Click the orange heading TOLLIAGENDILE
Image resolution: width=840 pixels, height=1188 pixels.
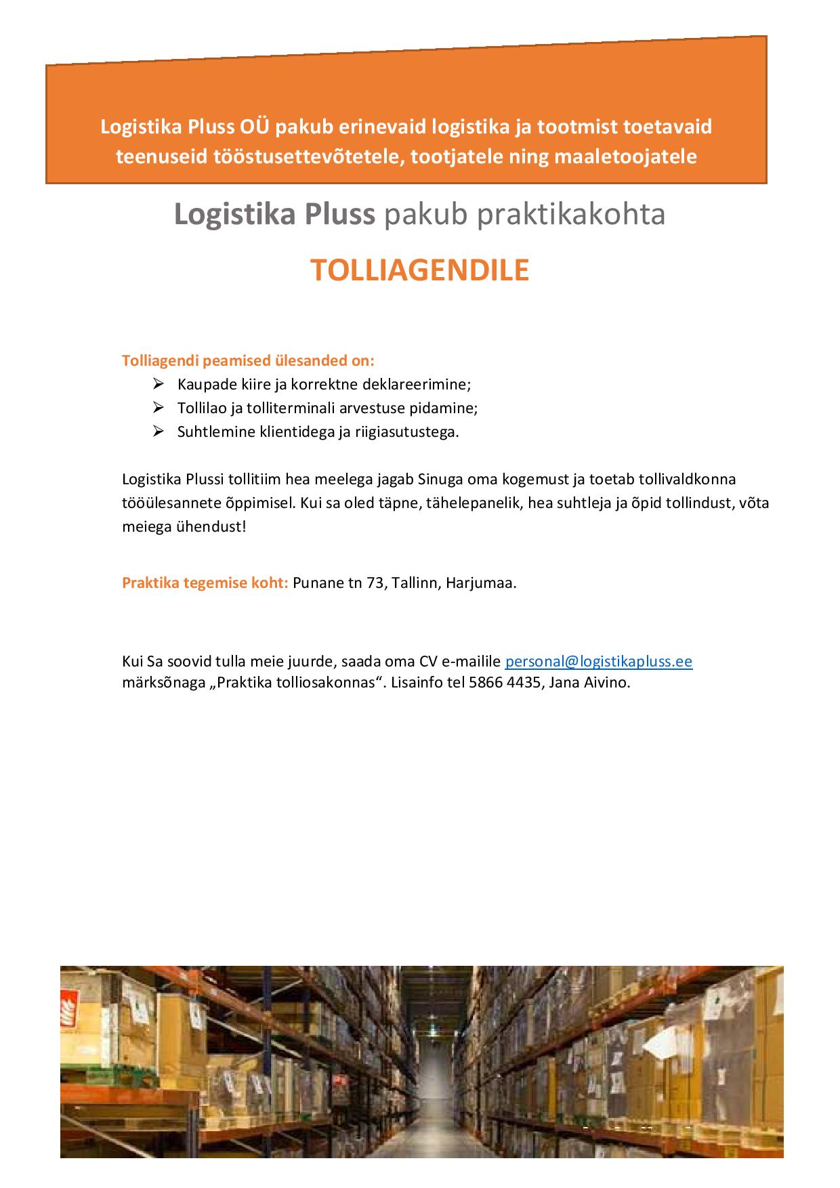click(x=419, y=270)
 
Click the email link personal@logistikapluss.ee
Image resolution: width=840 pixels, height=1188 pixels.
click(x=598, y=661)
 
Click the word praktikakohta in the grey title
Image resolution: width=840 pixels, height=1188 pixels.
click(x=524, y=214)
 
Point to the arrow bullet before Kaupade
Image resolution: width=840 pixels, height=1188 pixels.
click(x=159, y=384)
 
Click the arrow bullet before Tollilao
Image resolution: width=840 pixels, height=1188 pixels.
click(x=159, y=408)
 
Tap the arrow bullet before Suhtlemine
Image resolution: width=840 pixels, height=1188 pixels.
click(x=159, y=431)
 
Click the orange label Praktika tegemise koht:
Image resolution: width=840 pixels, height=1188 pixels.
click(x=205, y=583)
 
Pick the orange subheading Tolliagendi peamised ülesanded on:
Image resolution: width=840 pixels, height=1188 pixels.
click(x=247, y=360)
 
